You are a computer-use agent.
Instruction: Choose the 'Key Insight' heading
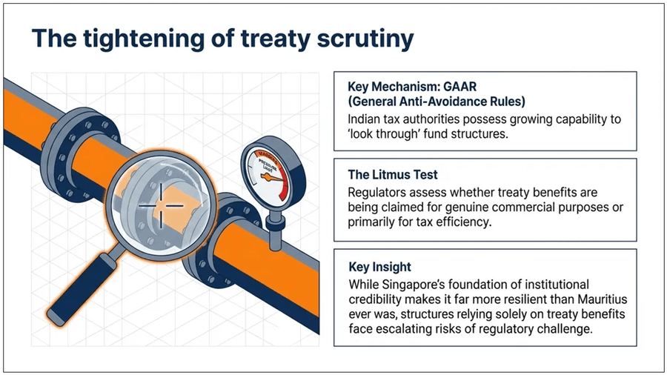(x=379, y=266)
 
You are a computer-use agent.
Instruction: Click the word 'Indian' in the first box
(x=365, y=119)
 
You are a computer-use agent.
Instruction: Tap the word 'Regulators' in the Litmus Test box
(x=377, y=193)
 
